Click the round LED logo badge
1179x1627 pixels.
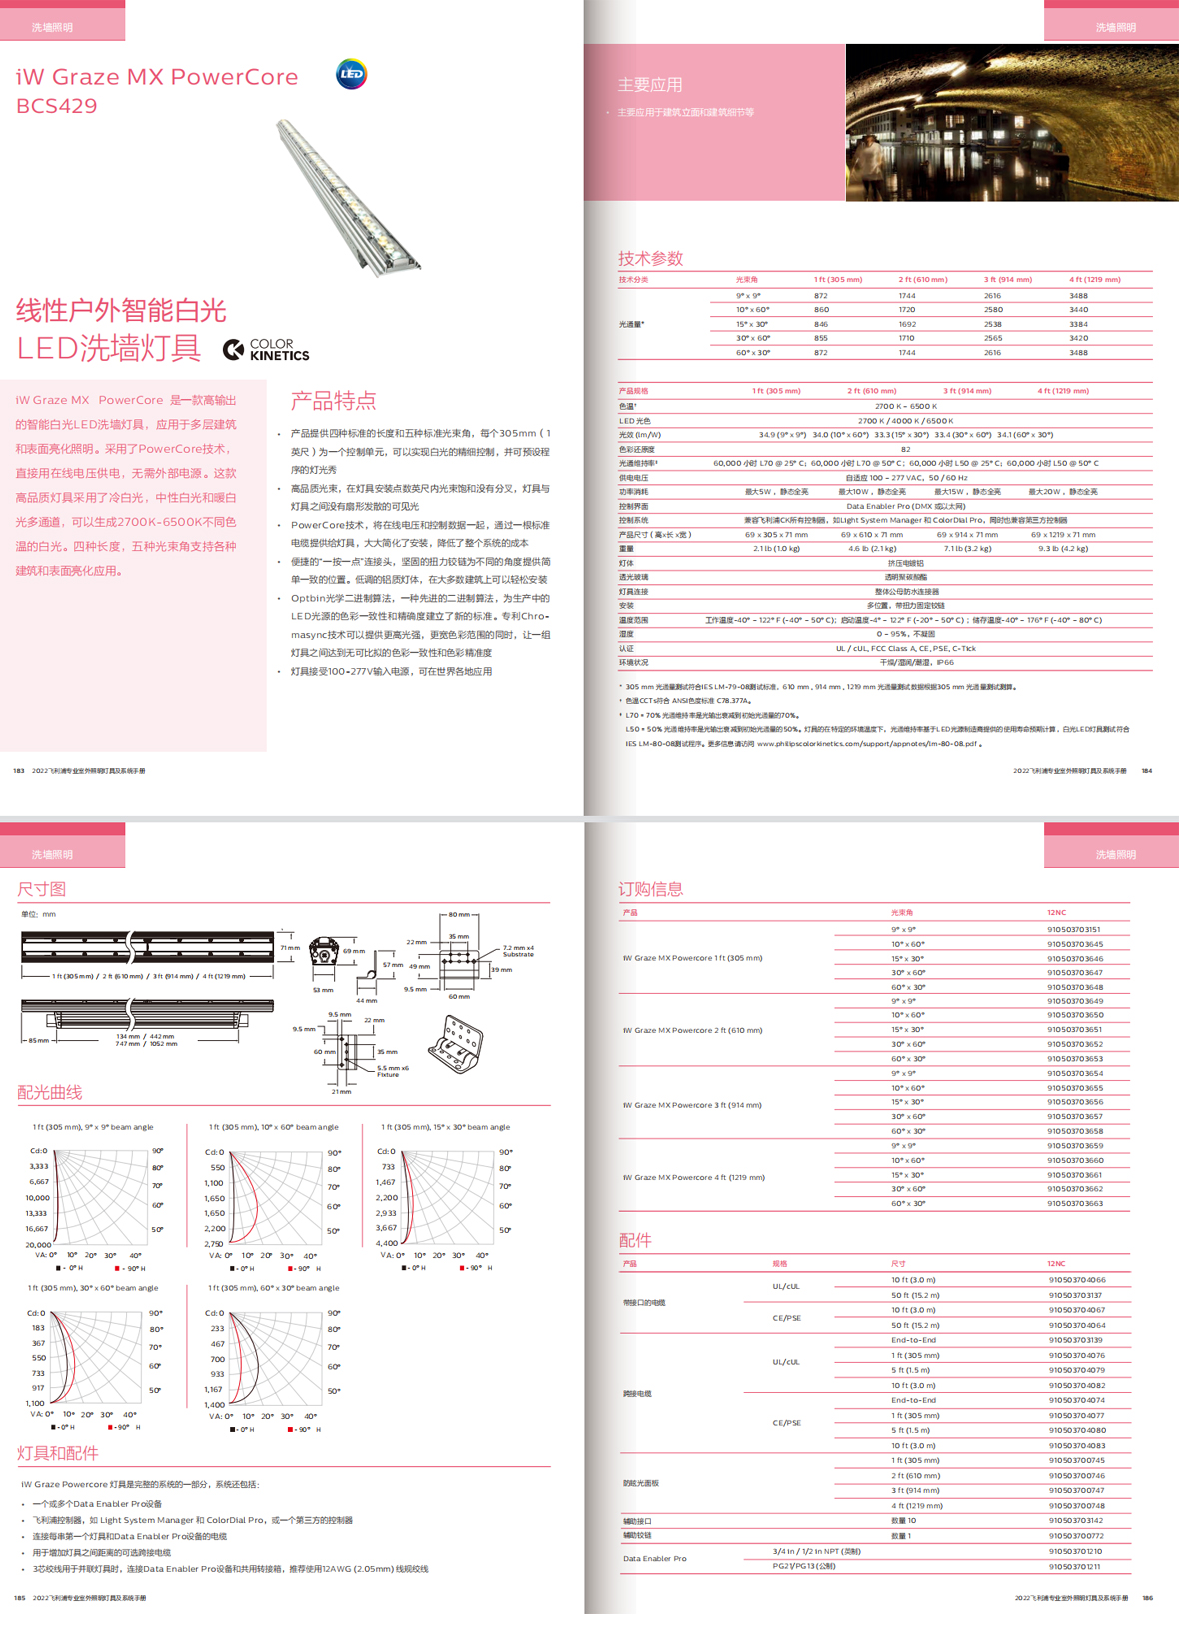[351, 74]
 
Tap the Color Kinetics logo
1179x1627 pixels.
[266, 349]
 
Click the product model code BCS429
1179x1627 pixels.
[57, 105]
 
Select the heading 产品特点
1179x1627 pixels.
[333, 401]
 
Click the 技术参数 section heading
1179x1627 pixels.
[650, 258]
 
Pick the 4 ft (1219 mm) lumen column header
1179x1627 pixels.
[1094, 280]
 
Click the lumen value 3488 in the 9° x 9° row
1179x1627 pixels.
[1078, 296]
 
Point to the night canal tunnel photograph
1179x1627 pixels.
[1011, 122]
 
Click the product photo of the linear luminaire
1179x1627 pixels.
[349, 195]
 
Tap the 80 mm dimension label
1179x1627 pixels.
[459, 914]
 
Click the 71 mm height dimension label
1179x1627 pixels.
[289, 948]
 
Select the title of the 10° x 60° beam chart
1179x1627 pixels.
[273, 1127]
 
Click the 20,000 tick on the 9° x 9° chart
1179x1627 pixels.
[38, 1244]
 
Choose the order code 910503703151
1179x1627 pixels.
[1074, 929]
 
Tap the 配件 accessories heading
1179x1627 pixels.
[635, 1240]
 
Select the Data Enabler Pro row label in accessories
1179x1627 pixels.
[655, 1558]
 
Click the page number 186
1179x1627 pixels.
[1147, 1598]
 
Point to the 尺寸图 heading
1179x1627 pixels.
[41, 889]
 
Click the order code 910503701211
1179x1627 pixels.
[1075, 1566]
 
